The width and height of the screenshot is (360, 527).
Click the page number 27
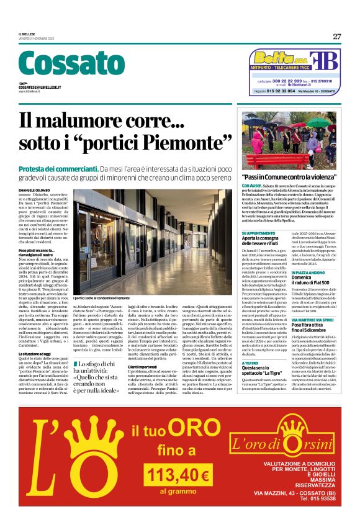[x=336, y=37]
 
